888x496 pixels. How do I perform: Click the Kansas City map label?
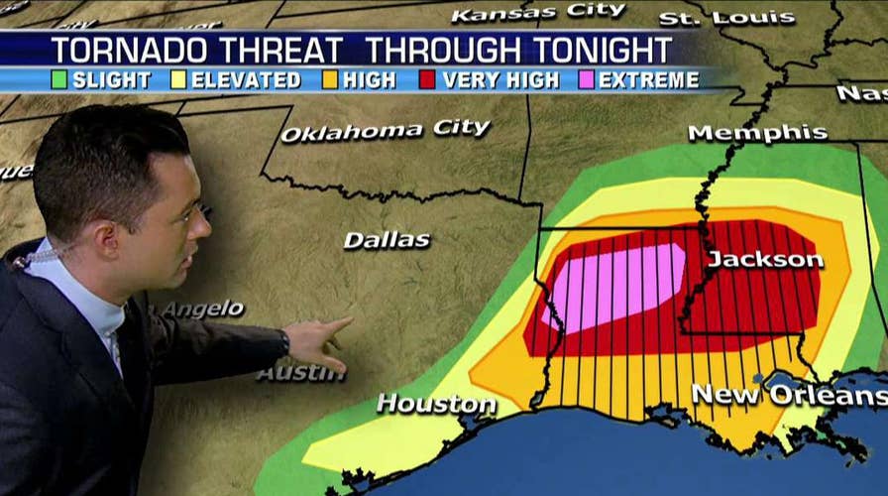(538, 13)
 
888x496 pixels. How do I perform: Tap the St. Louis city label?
(726, 18)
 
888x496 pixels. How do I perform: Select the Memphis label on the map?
(757, 133)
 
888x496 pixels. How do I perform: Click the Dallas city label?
(387, 239)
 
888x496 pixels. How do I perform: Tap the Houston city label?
(436, 404)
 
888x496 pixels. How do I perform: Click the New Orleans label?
(788, 394)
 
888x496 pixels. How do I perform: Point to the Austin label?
(301, 373)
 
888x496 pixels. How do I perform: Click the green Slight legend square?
(58, 80)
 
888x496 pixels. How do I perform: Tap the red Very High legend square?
(429, 80)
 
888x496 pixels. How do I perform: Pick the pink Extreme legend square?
(587, 80)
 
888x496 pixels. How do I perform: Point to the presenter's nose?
(202, 225)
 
